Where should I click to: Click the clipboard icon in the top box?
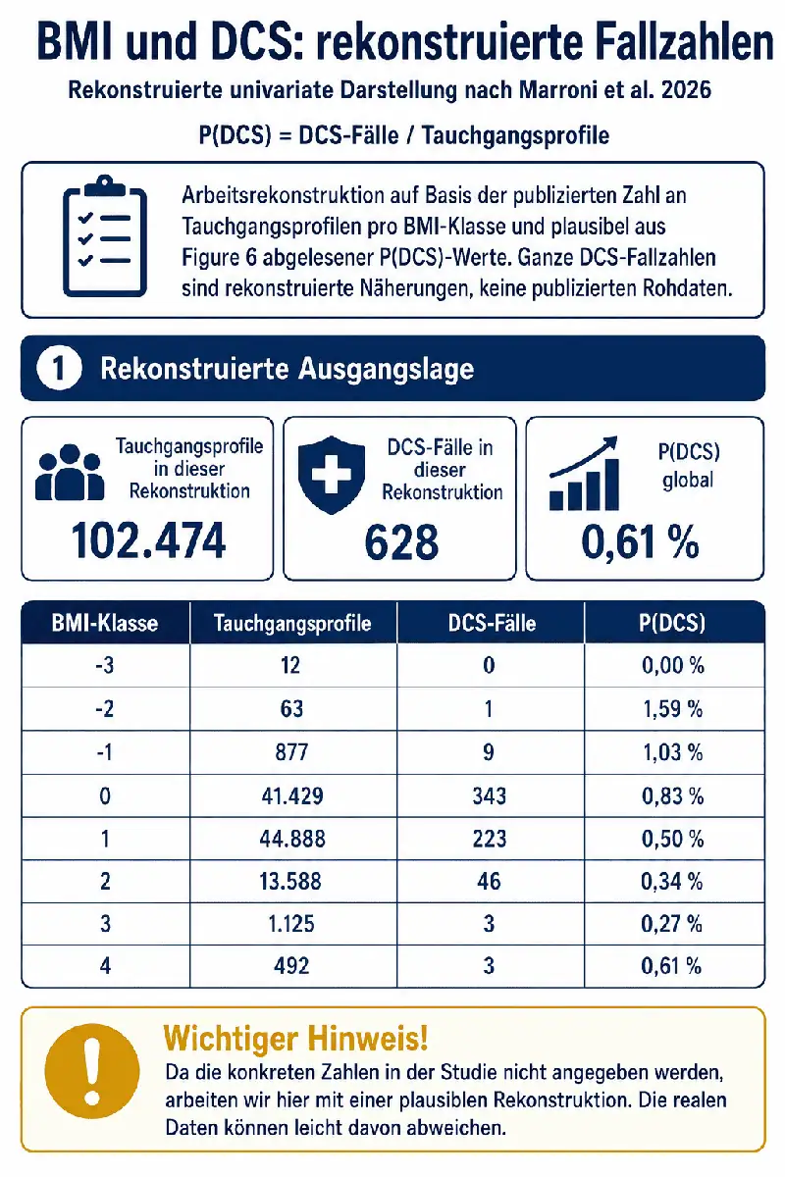coord(105,236)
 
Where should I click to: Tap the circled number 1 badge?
coord(59,369)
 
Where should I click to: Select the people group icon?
coord(70,473)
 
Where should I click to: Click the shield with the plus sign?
coord(332,474)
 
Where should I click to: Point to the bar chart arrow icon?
coord(584,474)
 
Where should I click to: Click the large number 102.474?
coord(148,540)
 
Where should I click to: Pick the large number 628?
coord(401,541)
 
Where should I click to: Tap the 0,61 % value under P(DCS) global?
coord(641,541)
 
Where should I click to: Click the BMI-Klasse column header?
coord(105,623)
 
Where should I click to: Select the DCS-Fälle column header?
coord(493,623)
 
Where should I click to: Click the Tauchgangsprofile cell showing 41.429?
coord(292,796)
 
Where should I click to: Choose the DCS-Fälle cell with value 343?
coord(490,796)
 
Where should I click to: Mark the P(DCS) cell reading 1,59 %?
coord(673,709)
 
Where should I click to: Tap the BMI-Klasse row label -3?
coord(105,666)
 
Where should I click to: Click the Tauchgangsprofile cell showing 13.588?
coord(290,881)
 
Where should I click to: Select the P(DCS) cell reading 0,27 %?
coord(671,924)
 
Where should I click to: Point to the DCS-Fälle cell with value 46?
coord(489,881)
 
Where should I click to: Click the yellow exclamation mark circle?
coord(92,1070)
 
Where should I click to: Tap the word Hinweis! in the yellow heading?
coord(368,1038)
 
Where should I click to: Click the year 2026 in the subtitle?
coord(686,90)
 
